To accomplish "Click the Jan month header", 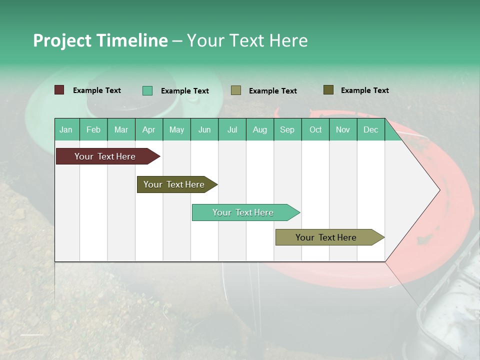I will point(66,129).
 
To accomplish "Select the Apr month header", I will point(149,129).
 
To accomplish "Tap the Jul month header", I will point(232,129).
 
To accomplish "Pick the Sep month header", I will point(287,129).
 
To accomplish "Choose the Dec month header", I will point(370,129).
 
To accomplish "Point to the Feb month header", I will point(93,129).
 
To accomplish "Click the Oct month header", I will point(315,129).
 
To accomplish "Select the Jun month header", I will point(204,129).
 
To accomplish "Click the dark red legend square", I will point(59,90).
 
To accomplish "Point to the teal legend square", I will point(147,90).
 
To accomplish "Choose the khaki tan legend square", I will point(236,90).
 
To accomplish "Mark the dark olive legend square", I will point(328,90).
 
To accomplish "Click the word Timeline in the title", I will point(132,40).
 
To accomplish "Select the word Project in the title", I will point(62,40).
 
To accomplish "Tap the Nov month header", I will point(343,129).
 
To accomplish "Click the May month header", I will point(176,129).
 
